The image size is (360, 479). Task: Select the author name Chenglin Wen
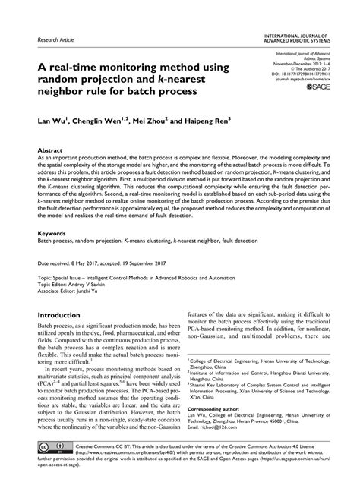[x=102, y=121]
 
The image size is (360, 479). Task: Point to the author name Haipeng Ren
[x=220, y=121]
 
